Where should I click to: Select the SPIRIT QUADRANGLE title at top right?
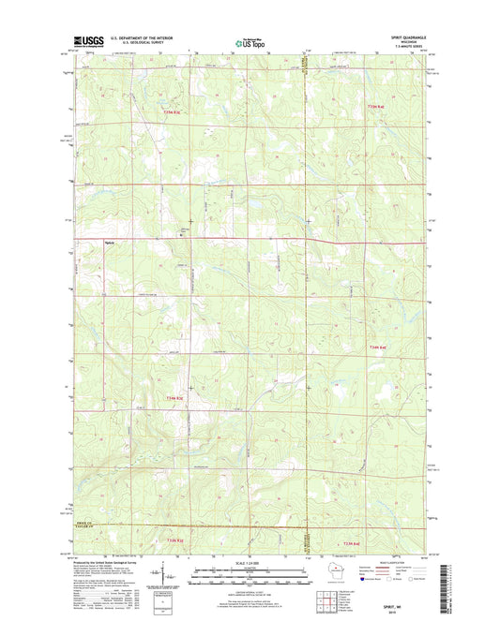pyautogui.click(x=405, y=37)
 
